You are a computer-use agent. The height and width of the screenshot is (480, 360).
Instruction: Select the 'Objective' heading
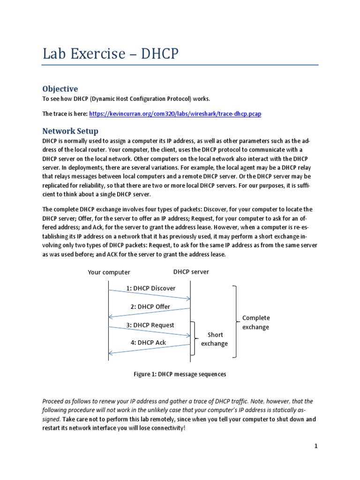pyautogui.click(x=60, y=89)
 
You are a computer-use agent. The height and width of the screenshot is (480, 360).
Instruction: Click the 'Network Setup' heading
pyautogui.click(x=70, y=131)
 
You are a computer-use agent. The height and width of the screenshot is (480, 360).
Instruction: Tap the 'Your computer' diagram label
pyautogui.click(x=109, y=272)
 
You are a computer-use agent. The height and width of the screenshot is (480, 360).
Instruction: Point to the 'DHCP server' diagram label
pyautogui.click(x=191, y=272)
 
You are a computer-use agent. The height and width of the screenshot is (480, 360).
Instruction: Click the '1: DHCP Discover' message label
pyautogui.click(x=150, y=288)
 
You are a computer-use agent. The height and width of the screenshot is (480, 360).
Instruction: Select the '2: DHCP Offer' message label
pyautogui.click(x=150, y=307)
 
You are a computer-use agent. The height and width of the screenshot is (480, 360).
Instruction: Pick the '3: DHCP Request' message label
pyautogui.click(x=150, y=325)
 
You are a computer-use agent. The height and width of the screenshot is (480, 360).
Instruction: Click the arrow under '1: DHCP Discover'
pyautogui.click(x=150, y=295)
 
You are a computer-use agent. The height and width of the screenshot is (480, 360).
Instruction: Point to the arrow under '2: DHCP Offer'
pyautogui.click(x=150, y=313)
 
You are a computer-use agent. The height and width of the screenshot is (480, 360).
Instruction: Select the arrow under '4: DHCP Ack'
pyautogui.click(x=150, y=349)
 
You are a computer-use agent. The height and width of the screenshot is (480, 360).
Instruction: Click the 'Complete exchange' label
pyautogui.click(x=256, y=322)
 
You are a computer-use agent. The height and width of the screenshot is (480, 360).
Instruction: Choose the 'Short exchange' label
pyautogui.click(x=214, y=339)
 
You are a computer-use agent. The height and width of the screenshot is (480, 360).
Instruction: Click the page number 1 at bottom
pyautogui.click(x=316, y=446)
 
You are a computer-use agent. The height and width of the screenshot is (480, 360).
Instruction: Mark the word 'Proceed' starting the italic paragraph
pyautogui.click(x=55, y=402)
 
